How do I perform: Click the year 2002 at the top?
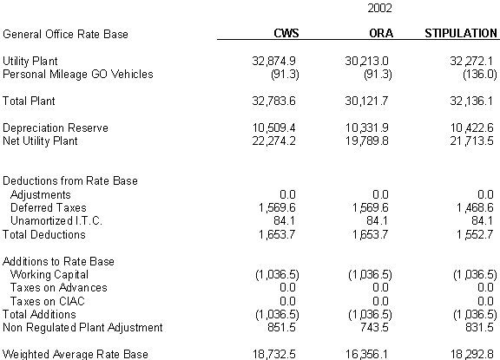point(379,8)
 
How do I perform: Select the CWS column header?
point(286,33)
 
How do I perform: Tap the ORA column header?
point(381,33)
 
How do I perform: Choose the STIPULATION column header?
point(461,33)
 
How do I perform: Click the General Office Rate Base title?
point(65,34)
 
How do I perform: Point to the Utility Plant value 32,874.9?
point(274,61)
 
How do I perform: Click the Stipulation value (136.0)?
point(480,75)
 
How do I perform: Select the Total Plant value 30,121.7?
point(366,101)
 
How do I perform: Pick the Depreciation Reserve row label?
point(56,128)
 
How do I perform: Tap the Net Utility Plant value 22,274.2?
point(274,141)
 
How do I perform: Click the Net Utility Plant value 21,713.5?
point(471,141)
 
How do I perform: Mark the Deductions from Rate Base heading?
point(70,180)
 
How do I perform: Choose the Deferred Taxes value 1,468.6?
point(475,207)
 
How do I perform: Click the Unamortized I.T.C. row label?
point(56,221)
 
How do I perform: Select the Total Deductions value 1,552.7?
point(475,235)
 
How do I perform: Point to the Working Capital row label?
point(49,275)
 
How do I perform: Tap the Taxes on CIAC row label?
point(48,301)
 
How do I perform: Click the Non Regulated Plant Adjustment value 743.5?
point(374,328)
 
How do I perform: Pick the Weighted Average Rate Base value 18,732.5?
point(274,354)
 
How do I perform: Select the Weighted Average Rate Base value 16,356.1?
point(366,354)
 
